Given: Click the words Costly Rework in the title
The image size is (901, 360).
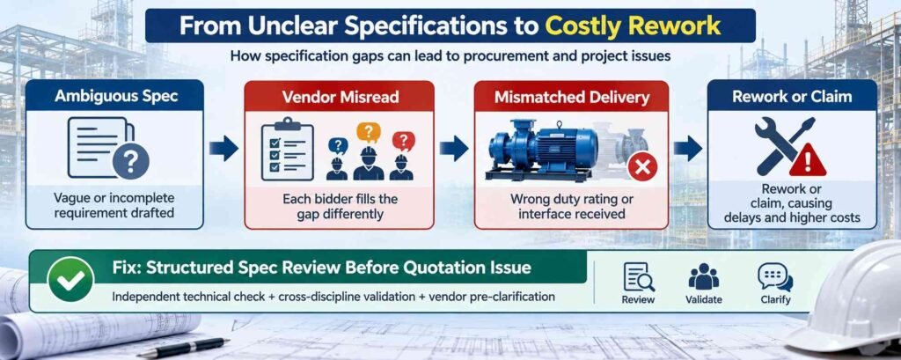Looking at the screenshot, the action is [x=632, y=26].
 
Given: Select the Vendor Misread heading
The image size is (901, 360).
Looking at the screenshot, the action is [x=341, y=97].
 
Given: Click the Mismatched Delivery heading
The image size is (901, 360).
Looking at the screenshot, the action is [x=571, y=97].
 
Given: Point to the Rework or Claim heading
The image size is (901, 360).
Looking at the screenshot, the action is [x=792, y=95].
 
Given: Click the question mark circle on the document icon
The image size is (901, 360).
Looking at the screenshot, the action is [x=131, y=162].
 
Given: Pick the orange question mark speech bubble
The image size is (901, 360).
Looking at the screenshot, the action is [x=369, y=133].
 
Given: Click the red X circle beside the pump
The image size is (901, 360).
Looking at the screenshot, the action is [x=642, y=167].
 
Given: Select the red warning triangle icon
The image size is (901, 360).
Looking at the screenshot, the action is [x=808, y=161].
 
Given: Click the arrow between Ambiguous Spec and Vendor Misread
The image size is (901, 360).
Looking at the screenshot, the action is [x=223, y=149].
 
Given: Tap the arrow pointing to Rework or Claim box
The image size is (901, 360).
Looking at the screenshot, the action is [x=688, y=149].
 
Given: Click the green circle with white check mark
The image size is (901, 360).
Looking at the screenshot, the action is [x=71, y=279].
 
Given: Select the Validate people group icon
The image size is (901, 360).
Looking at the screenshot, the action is [x=703, y=277].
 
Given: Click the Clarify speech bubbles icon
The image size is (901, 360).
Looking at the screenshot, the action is [x=775, y=277].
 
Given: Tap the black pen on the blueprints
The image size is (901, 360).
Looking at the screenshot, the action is [x=183, y=348].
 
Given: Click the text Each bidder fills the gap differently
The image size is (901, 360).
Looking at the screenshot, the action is [x=341, y=208].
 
